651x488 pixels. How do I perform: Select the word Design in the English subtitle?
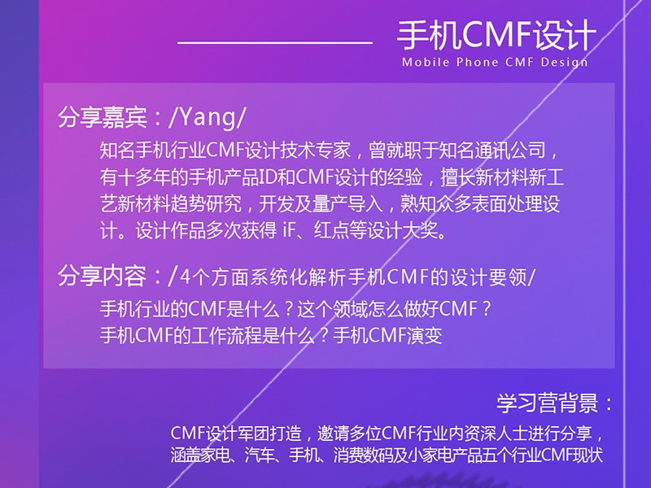click(562, 62)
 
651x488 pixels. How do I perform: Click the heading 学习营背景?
click(547, 403)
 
